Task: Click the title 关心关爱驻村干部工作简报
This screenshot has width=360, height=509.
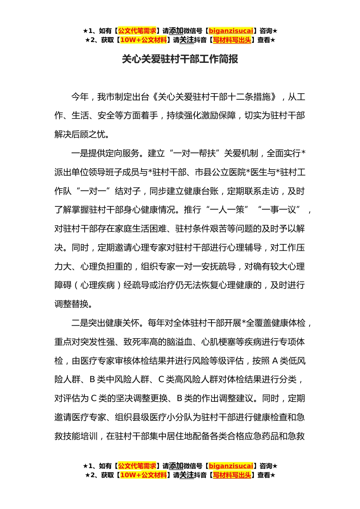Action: pos(180,59)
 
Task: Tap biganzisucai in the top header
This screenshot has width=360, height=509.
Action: pos(231,31)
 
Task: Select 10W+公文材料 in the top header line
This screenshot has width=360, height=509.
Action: pos(143,40)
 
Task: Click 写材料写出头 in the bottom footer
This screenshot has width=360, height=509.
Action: pos(232,475)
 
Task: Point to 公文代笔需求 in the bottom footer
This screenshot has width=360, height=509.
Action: pos(137,466)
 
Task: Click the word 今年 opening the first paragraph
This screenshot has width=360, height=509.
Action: pos(80,97)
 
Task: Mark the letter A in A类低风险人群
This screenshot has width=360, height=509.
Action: pos(275,361)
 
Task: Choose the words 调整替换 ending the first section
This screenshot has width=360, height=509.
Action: pos(72,304)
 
